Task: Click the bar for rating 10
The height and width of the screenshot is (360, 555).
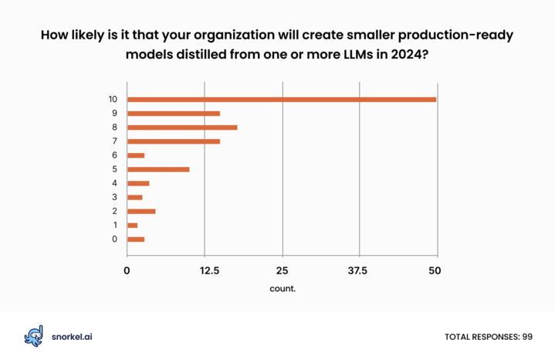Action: click(x=282, y=100)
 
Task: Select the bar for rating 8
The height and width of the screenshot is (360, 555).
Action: click(x=182, y=127)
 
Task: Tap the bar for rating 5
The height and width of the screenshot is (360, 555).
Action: click(x=158, y=169)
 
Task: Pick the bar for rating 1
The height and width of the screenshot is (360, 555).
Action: click(x=132, y=226)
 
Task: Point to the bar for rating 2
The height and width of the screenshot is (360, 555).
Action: click(x=141, y=212)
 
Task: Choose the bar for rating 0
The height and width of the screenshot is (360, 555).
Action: click(x=136, y=239)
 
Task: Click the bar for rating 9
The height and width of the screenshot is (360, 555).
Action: click(x=174, y=114)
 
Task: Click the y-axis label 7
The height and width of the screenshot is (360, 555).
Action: click(x=115, y=141)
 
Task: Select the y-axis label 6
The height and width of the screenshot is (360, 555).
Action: click(x=115, y=155)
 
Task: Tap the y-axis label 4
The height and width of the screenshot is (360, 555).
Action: click(x=115, y=183)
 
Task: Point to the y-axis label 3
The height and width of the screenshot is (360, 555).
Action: click(x=115, y=197)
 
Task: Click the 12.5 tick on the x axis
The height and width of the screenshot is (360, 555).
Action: click(x=209, y=271)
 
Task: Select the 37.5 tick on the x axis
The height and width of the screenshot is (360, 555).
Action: click(x=357, y=271)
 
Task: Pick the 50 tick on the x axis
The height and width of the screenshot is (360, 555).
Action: click(x=435, y=271)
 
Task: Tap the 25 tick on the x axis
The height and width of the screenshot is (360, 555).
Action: click(x=282, y=271)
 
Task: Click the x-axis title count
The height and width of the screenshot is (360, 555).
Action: click(x=283, y=289)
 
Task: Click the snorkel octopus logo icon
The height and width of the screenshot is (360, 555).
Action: click(x=34, y=336)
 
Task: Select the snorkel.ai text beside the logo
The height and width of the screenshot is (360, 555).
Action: click(x=72, y=337)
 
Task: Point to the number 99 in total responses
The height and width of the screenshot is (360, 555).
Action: click(x=527, y=337)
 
